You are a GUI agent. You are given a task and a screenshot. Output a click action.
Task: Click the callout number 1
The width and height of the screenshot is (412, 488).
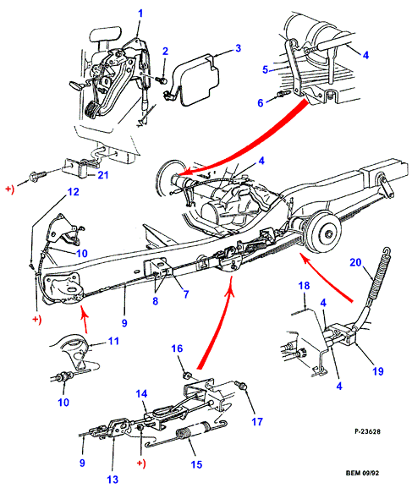(140, 14)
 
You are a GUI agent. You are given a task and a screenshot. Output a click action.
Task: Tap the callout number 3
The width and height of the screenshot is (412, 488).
(238, 48)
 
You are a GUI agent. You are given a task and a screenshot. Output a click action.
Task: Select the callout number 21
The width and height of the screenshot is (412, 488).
(103, 175)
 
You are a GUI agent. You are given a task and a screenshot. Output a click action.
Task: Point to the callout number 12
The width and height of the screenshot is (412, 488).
(74, 192)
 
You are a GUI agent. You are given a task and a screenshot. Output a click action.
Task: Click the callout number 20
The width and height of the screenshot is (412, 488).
(355, 262)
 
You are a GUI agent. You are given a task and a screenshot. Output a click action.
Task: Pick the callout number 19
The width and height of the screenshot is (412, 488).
(378, 371)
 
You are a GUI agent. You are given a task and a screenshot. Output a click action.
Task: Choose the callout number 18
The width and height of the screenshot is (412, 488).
(304, 285)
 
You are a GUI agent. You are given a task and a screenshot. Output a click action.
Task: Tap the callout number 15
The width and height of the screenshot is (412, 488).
(196, 464)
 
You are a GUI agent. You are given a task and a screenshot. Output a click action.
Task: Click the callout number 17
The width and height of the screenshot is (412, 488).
(257, 422)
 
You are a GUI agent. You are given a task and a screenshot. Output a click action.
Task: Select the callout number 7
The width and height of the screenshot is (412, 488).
(186, 294)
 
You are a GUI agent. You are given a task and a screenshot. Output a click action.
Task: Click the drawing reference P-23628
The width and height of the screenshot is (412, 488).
(367, 431)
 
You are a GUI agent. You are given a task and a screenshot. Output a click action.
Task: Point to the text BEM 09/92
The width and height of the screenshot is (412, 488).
(362, 473)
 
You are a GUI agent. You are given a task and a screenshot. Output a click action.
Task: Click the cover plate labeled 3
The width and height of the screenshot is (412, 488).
(200, 80)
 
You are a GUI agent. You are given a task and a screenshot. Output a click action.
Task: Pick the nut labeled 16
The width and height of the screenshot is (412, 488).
(187, 375)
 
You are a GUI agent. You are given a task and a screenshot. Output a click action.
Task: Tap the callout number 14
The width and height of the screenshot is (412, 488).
(141, 394)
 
